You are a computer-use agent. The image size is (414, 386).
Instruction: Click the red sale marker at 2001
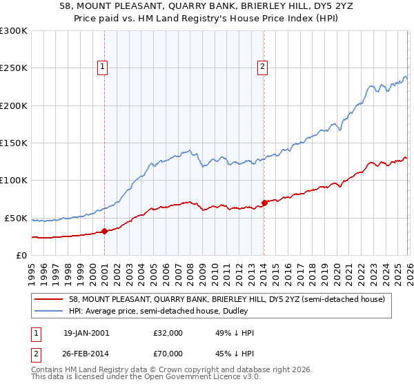point(104,231)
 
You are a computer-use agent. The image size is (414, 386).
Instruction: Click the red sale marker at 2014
point(264,203)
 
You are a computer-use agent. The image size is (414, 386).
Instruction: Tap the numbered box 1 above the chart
point(102,67)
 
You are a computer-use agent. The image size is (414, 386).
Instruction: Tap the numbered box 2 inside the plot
point(263,67)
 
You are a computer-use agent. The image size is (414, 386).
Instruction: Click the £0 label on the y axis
point(19,255)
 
